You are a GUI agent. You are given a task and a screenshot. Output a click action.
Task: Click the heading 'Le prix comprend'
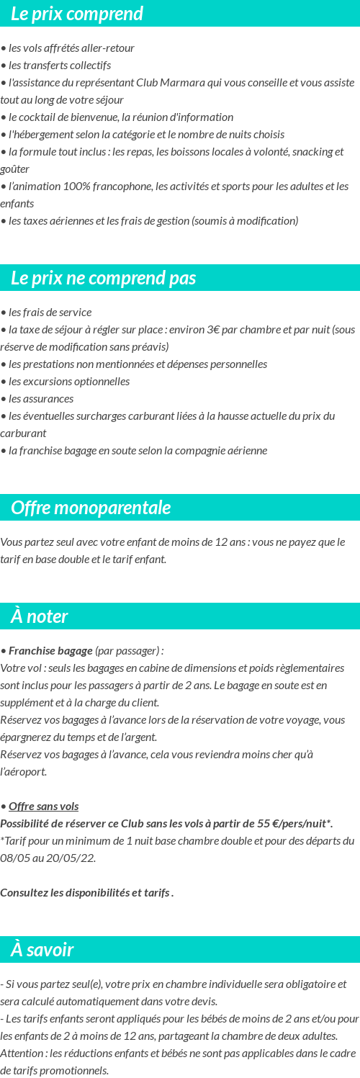pos(76,14)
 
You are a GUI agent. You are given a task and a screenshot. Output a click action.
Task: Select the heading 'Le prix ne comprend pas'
pos(103,278)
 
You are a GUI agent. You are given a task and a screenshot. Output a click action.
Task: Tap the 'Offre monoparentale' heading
pos(91,508)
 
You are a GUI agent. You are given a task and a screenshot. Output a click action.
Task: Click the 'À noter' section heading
pos(40,616)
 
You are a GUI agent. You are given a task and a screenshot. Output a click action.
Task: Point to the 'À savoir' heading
pos(42,950)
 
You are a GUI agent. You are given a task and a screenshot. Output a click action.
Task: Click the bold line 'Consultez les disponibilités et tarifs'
pos(85,892)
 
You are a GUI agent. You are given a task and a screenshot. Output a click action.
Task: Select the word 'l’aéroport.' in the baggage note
pos(24,771)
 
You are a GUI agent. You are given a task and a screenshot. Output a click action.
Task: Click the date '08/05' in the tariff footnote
pos(14,858)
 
